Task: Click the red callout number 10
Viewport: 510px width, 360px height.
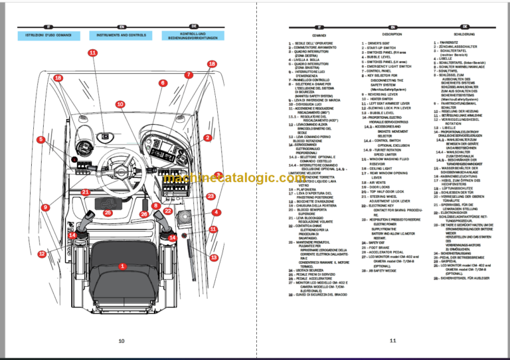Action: pos(120,105)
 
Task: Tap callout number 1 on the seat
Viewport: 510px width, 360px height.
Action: pos(122,266)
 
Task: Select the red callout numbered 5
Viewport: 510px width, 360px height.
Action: pos(41,139)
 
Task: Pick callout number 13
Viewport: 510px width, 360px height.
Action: pos(214,257)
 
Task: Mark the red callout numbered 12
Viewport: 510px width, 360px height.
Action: pos(41,254)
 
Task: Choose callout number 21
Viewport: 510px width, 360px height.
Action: pos(85,192)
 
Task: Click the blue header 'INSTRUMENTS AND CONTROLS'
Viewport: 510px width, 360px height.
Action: pos(121,35)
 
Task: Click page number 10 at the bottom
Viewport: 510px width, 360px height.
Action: pos(121,341)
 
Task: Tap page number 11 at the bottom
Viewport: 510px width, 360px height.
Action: pos(393,341)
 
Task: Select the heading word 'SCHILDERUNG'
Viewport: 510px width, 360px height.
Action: pos(464,34)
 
